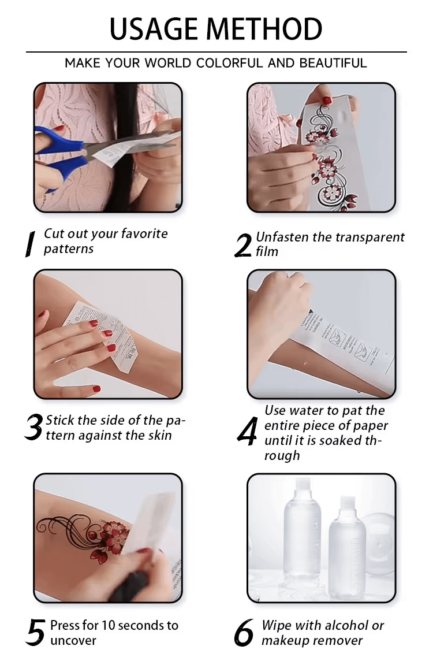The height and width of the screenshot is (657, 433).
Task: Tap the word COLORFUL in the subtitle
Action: pos(230,63)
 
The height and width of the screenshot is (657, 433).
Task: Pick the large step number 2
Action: pos(243,246)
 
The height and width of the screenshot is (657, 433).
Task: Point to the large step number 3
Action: pos(33,428)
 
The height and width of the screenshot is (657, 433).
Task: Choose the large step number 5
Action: pos(35,633)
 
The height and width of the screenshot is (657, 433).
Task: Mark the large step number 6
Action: pos(244,634)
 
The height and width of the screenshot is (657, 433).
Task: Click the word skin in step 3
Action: pos(159,436)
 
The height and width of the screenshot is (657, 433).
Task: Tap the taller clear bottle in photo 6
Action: pos(302,537)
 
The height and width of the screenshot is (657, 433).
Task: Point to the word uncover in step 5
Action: pos(73,640)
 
